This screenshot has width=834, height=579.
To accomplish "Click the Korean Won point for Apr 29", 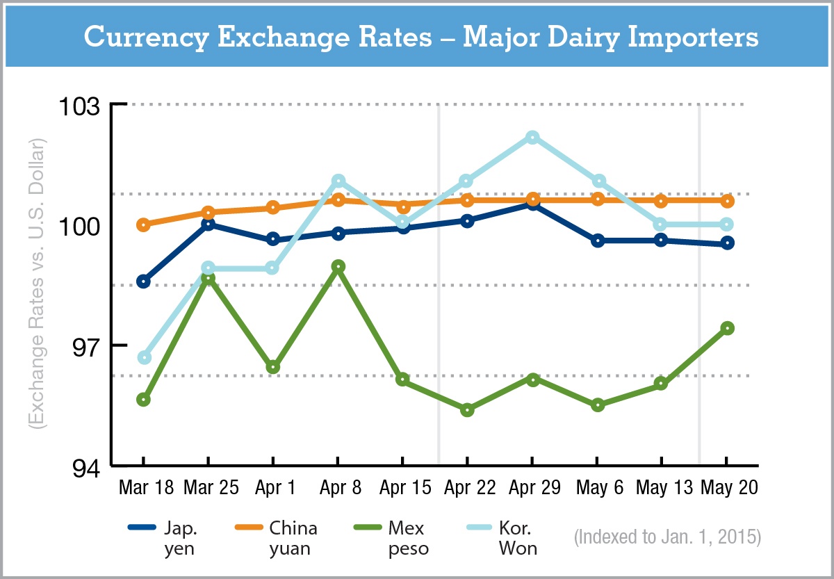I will pyautogui.click(x=532, y=137).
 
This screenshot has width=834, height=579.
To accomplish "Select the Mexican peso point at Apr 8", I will pyautogui.click(x=338, y=266).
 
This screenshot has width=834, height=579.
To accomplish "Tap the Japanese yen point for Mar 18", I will pyautogui.click(x=144, y=282).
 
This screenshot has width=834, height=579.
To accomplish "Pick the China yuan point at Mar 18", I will pyautogui.click(x=144, y=225).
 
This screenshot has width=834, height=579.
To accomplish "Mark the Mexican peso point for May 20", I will pyautogui.click(x=727, y=328).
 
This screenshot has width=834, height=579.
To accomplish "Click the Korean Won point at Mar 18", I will pyautogui.click(x=144, y=357).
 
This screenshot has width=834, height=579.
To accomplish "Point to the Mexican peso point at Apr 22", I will pyautogui.click(x=467, y=410).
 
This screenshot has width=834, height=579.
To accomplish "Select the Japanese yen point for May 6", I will pyautogui.click(x=597, y=240).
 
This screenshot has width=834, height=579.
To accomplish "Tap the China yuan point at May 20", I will pyautogui.click(x=727, y=201).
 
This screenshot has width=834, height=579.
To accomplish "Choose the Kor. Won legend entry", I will pyautogui.click(x=503, y=537).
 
